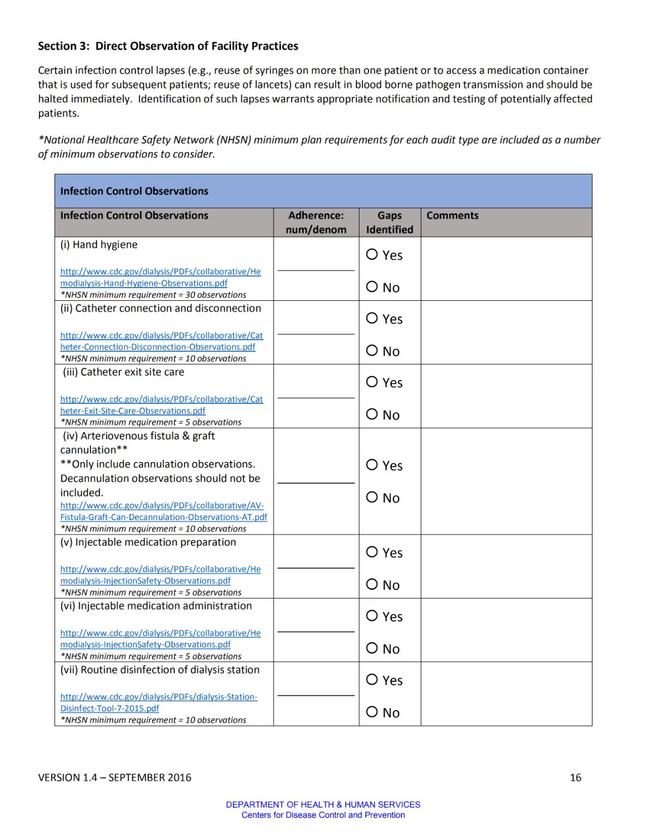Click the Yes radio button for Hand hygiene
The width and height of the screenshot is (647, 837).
pyautogui.click(x=372, y=255)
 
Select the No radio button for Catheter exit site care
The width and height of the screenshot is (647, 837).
pyautogui.click(x=372, y=414)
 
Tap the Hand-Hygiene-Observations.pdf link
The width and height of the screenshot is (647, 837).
pyautogui.click(x=160, y=277)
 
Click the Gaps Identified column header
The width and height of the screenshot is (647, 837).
pyautogui.click(x=389, y=222)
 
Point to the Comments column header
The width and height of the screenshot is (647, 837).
pyautogui.click(x=452, y=216)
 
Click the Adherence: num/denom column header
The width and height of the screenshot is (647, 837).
pyautogui.click(x=316, y=222)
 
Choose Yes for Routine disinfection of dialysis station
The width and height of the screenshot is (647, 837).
pyautogui.click(x=372, y=679)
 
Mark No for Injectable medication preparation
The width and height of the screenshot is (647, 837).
pyautogui.click(x=372, y=584)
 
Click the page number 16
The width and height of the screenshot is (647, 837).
pyautogui.click(x=575, y=778)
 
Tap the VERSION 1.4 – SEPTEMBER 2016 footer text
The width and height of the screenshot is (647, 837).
pyautogui.click(x=114, y=778)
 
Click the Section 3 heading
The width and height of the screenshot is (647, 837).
pyautogui.click(x=168, y=46)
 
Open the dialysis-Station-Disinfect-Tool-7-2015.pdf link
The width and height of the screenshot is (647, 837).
pyautogui.click(x=158, y=702)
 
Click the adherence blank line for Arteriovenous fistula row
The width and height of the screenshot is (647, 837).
pyautogui.click(x=316, y=482)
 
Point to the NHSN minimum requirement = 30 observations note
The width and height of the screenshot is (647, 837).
pyautogui.click(x=153, y=295)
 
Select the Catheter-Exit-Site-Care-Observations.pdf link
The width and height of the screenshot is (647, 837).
pyautogui.click(x=161, y=405)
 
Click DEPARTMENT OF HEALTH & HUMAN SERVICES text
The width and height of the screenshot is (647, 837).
pyautogui.click(x=323, y=805)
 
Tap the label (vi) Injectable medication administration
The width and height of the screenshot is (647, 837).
pyautogui.click(x=156, y=606)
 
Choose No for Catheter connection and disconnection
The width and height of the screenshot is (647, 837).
pyautogui.click(x=372, y=350)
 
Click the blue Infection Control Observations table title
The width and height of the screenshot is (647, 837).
pyautogui.click(x=134, y=191)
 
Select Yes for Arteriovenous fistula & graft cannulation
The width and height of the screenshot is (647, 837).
pyautogui.click(x=372, y=465)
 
